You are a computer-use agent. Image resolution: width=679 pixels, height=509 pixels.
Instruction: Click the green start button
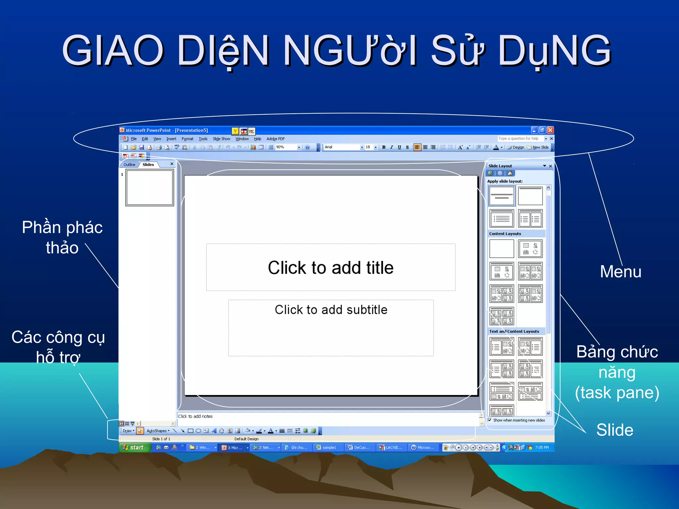point(134,447)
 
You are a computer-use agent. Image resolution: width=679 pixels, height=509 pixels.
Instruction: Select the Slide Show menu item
point(221,139)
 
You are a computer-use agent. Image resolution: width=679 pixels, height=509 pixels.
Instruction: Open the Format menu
point(187,139)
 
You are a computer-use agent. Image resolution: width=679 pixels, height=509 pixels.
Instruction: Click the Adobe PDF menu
point(276,139)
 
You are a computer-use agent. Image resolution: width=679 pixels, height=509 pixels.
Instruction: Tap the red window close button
point(550,130)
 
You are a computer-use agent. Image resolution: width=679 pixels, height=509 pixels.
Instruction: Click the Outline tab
point(129,165)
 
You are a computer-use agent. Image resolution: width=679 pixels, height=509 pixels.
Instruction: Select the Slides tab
point(148,165)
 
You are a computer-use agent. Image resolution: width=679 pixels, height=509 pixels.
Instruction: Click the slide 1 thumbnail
point(150,188)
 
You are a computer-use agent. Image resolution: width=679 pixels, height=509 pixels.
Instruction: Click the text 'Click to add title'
point(331,267)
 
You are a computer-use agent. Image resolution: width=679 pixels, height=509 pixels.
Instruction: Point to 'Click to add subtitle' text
point(331,310)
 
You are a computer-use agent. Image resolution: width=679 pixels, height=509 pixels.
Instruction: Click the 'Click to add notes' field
point(195,416)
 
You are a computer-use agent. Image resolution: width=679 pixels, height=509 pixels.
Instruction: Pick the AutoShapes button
point(158,431)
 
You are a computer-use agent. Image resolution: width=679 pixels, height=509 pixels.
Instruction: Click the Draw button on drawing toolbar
point(128,431)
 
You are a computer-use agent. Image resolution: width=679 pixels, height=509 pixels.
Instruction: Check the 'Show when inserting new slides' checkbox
point(490,420)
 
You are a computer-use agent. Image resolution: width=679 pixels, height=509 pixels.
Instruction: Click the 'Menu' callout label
point(620,272)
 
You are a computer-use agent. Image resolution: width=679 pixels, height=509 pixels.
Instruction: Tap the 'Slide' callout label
point(615,430)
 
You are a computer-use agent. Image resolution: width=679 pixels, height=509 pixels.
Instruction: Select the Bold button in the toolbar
point(384,147)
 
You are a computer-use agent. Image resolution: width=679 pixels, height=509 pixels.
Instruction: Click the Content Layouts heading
point(505,234)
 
